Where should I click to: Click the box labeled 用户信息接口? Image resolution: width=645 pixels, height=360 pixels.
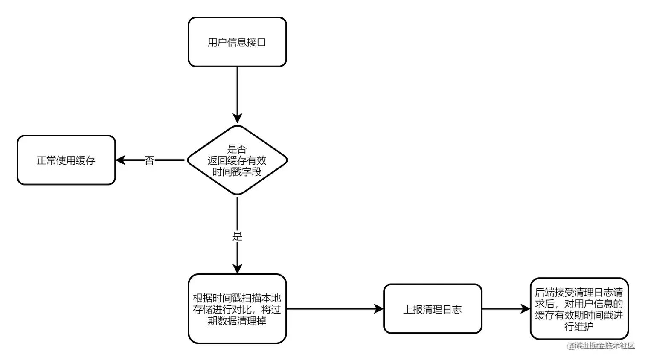pyautogui.click(x=237, y=42)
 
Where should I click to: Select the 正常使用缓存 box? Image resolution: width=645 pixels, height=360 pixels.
pyautogui.click(x=66, y=160)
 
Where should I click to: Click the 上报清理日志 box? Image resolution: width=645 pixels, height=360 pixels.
pyautogui.click(x=433, y=309)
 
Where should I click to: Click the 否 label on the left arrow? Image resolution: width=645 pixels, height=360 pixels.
pyautogui.click(x=149, y=161)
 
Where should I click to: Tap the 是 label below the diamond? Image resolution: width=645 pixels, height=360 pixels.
pyautogui.click(x=237, y=236)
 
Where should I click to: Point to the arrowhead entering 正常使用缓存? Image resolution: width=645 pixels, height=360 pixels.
pyautogui.click(x=120, y=160)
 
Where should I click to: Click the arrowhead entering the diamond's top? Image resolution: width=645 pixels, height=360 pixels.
pyautogui.click(x=237, y=119)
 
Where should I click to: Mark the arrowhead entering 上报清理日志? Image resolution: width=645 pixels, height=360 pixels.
pyautogui.click(x=379, y=309)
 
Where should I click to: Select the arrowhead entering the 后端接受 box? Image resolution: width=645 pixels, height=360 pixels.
pyautogui.click(x=526, y=309)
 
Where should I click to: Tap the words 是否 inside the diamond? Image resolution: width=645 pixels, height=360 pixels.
pyautogui.click(x=237, y=149)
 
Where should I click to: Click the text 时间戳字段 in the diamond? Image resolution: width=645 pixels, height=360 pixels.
pyautogui.click(x=237, y=172)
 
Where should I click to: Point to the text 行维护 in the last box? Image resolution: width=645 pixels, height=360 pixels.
pyautogui.click(x=579, y=327)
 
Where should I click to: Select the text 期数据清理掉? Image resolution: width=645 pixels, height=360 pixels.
pyautogui.click(x=237, y=321)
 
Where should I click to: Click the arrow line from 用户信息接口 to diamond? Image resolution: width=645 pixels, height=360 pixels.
pyautogui.click(x=237, y=90)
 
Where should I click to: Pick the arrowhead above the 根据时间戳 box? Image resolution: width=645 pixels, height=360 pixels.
pyautogui.click(x=237, y=269)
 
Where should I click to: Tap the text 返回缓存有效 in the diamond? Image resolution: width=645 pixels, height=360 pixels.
pyautogui.click(x=237, y=160)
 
